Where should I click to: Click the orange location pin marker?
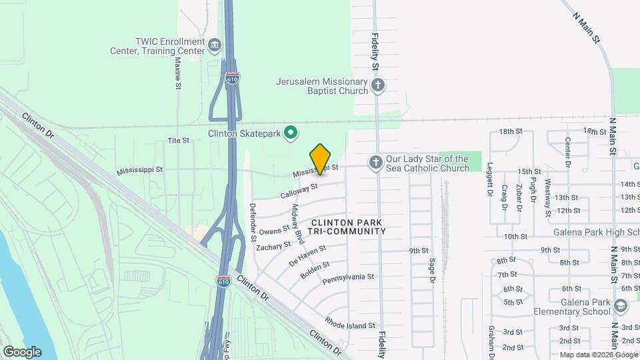321,159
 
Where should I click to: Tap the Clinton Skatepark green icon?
291,133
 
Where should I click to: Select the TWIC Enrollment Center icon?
215,45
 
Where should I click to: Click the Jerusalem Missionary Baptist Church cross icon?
378,85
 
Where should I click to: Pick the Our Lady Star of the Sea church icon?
376,163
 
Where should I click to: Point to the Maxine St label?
178,72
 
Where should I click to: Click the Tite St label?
179,141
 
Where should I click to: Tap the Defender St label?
253,222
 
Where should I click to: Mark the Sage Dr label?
432,270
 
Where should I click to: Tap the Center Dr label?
567,152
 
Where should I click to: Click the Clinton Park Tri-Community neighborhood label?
347,227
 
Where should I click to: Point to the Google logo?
22,351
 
